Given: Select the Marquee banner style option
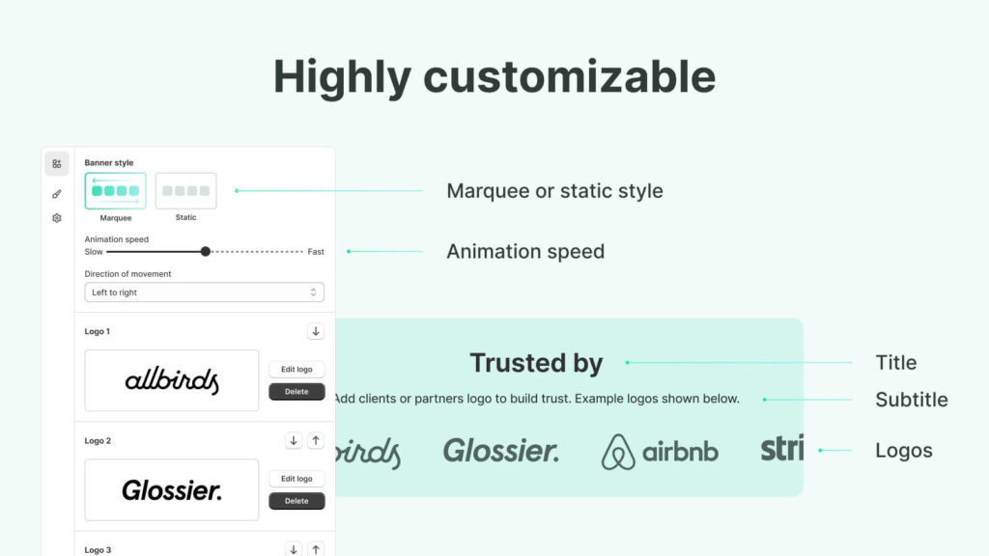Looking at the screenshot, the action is click(116, 190).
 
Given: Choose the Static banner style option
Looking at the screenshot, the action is click(186, 190).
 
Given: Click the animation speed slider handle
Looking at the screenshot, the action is click(205, 252).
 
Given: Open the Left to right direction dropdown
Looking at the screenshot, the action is click(205, 292).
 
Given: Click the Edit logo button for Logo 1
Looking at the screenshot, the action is click(297, 370).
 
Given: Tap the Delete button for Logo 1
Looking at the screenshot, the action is click(297, 392).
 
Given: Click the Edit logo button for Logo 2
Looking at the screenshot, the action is click(297, 479).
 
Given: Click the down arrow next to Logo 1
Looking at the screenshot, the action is click(316, 331).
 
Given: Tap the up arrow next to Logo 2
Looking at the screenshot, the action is click(316, 440).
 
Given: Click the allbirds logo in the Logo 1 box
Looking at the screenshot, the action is click(172, 380).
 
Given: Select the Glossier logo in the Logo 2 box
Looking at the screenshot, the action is click(172, 490).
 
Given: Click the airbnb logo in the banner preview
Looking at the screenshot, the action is click(660, 452).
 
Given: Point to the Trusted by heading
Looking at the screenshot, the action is click(536, 363).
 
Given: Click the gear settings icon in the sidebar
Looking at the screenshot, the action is click(57, 218).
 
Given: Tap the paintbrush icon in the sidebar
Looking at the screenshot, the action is click(57, 194).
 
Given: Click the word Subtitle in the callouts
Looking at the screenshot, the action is click(912, 400).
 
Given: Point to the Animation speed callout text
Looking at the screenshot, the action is click(525, 252).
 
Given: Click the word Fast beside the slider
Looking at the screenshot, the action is click(316, 252).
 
